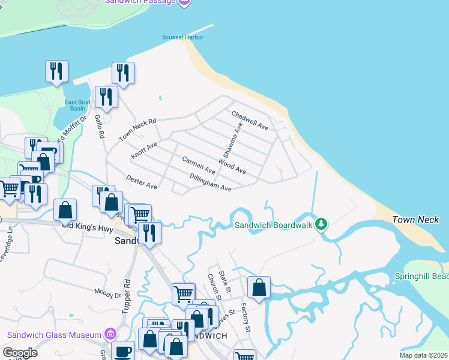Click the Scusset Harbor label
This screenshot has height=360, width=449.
point(182,37)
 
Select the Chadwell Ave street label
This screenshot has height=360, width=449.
point(250,120)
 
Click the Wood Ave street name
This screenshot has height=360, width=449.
point(232,166)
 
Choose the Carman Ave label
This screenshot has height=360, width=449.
point(199,165)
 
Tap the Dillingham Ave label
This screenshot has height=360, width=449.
point(210,182)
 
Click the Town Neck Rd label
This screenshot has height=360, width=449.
point(137,130)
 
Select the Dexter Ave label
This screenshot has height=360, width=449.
point(142,182)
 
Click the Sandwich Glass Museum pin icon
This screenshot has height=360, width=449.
point(110,334)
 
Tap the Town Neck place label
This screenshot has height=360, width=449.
point(416,220)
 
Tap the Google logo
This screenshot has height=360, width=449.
point(20,353)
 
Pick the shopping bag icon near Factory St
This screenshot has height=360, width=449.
point(259,287)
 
